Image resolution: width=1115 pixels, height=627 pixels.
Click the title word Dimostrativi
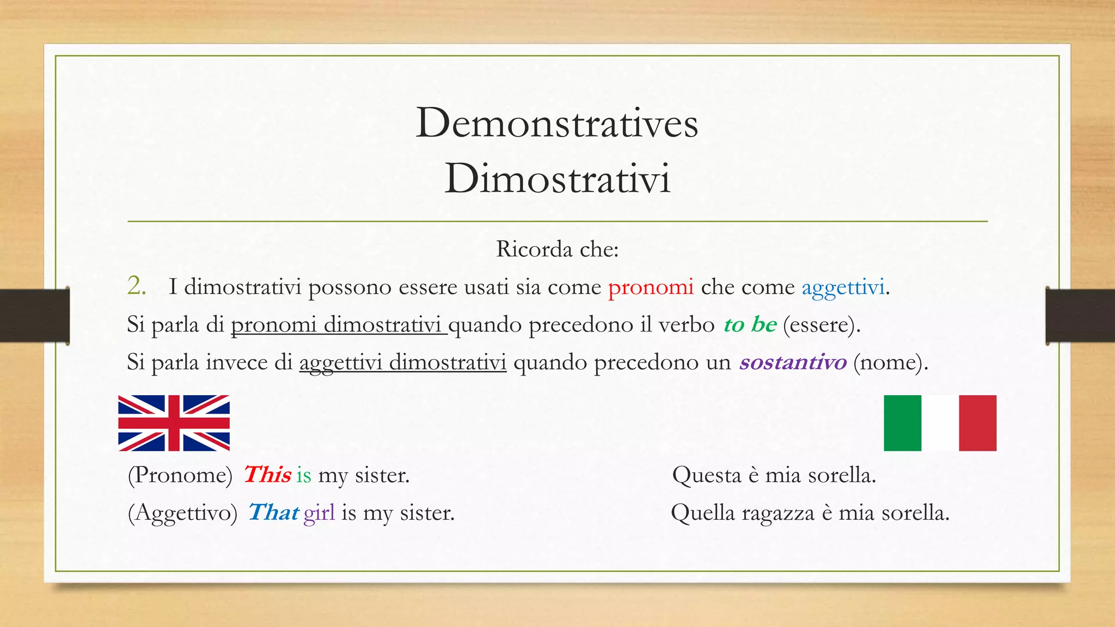click(557, 179)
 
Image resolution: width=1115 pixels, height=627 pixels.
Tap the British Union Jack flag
click(174, 423)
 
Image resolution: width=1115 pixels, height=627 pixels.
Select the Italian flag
click(940, 423)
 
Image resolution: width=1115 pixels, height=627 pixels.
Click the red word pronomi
click(651, 287)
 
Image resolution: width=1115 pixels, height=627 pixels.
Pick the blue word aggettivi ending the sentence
click(843, 287)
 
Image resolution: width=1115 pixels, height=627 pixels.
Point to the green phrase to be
click(750, 324)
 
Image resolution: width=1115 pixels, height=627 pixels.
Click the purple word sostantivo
click(793, 362)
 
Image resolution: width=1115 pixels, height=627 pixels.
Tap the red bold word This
click(267, 475)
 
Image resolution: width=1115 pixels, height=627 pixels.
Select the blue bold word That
click(273, 512)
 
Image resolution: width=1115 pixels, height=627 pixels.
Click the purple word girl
click(319, 513)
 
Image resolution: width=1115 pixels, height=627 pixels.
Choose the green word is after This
click(304, 475)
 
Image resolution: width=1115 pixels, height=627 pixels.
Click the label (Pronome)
click(180, 475)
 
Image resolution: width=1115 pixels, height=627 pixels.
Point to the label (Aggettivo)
click(183, 513)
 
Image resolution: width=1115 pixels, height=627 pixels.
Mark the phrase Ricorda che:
click(557, 249)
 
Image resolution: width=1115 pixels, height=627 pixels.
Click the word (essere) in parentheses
click(822, 325)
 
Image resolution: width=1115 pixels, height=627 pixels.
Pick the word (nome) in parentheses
click(890, 362)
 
